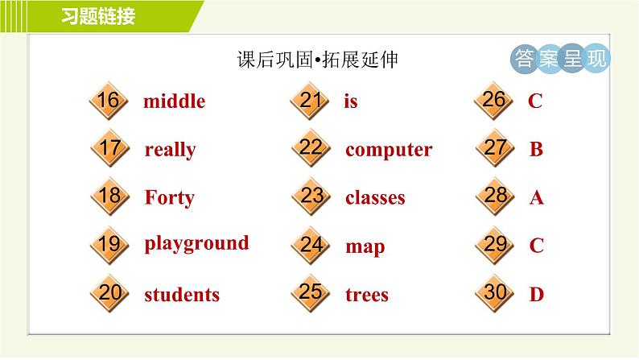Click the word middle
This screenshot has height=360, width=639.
pyautogui.click(x=174, y=101)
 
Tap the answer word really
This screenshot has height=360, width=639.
pyautogui.click(x=170, y=150)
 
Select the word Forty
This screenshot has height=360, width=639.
pyautogui.click(x=169, y=197)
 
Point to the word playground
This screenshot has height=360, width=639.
pyautogui.click(x=196, y=243)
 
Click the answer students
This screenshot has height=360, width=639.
pyautogui.click(x=182, y=295)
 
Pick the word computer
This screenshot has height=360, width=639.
pyautogui.click(x=389, y=150)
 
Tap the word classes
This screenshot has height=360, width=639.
pyautogui.click(x=375, y=197)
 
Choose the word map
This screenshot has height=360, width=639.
pyautogui.click(x=365, y=246)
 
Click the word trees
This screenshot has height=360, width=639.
pyautogui.click(x=366, y=295)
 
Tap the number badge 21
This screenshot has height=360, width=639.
pyautogui.click(x=311, y=101)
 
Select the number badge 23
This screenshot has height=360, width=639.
pyautogui.click(x=311, y=197)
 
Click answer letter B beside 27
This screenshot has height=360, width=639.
pyautogui.click(x=536, y=150)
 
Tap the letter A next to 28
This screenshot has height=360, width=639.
pyautogui.click(x=536, y=197)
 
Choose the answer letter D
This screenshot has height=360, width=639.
pyautogui.click(x=536, y=295)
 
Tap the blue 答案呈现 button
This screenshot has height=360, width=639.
pyautogui.click(x=560, y=58)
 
